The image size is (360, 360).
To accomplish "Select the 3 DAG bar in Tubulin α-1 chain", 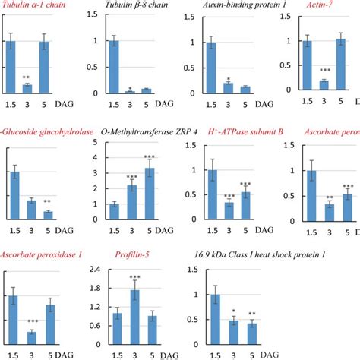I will point(27,89).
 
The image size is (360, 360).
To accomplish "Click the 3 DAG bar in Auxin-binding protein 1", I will point(229,88).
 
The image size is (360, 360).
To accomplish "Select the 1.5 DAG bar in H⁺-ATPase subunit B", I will point(213,194).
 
